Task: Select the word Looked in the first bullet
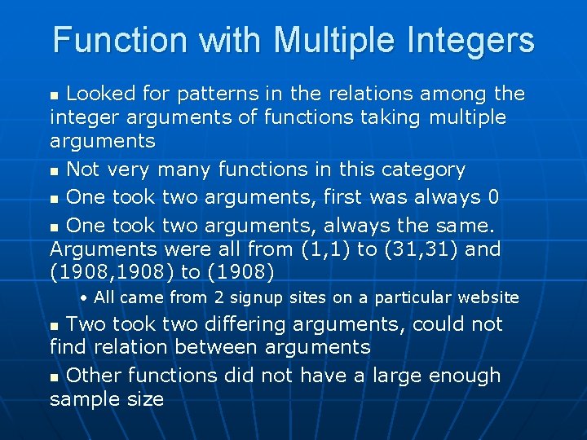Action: click(101, 94)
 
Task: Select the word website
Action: click(488, 297)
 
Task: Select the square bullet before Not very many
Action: click(55, 171)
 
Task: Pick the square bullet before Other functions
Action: click(55, 377)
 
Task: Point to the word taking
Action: click(386, 117)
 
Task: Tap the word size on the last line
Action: click(146, 398)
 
